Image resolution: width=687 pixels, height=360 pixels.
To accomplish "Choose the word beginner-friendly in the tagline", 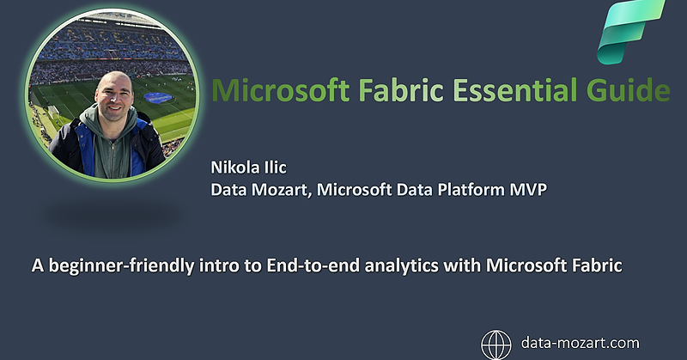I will pyautogui.click(x=106, y=266).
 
